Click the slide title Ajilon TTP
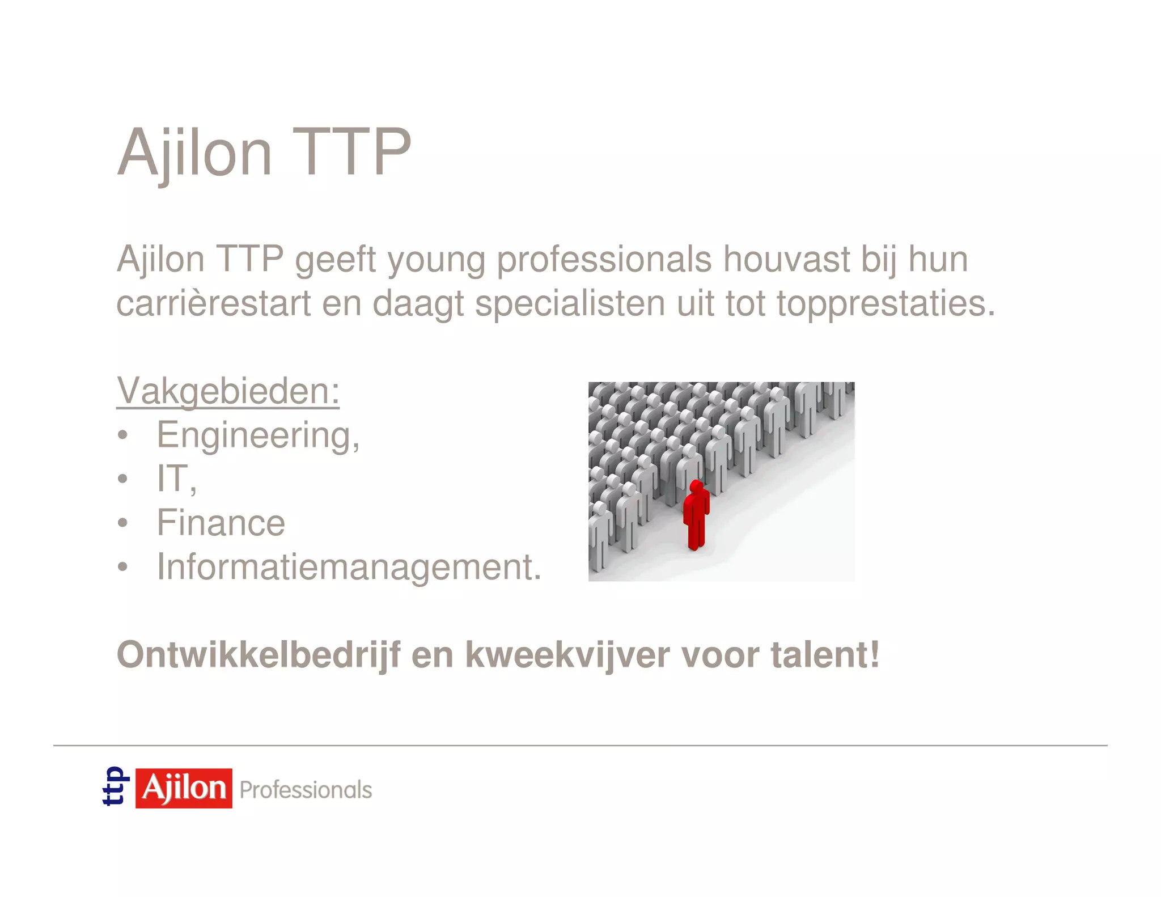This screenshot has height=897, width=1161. pyautogui.click(x=264, y=152)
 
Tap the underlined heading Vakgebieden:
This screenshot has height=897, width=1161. pyautogui.click(x=228, y=391)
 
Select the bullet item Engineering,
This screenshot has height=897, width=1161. pyautogui.click(x=258, y=435)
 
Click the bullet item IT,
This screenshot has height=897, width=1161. pyautogui.click(x=176, y=479)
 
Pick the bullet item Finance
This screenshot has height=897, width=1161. pyautogui.click(x=221, y=522)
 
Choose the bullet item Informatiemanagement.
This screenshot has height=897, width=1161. pyautogui.click(x=349, y=566)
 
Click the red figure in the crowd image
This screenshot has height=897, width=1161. pyautogui.click(x=696, y=516)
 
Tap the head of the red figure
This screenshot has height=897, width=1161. pyautogui.click(x=696, y=486)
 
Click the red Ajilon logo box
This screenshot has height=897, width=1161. pyautogui.click(x=184, y=788)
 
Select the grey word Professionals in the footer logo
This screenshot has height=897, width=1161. pyautogui.click(x=306, y=790)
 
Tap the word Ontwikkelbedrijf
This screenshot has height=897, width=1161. pyautogui.click(x=259, y=655)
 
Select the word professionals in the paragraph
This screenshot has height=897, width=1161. pyautogui.click(x=604, y=260)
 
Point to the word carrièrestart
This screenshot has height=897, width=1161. pyautogui.click(x=214, y=303)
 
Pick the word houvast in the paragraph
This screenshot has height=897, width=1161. pyautogui.click(x=786, y=260)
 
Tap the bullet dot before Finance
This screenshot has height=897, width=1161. pyautogui.click(x=123, y=523)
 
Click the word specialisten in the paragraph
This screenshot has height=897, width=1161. pyautogui.click(x=570, y=303)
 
